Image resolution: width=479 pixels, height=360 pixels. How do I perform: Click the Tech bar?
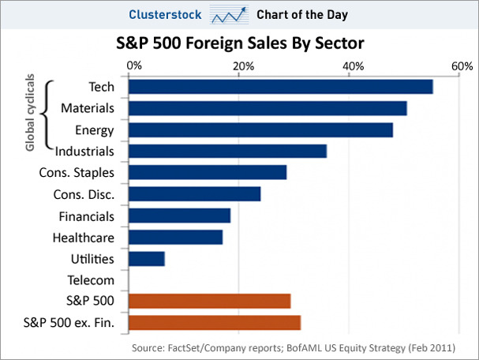[x=280, y=87]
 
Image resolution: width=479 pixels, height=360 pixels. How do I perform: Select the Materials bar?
[x=268, y=108]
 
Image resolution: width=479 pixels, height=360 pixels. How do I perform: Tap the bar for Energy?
[x=260, y=129]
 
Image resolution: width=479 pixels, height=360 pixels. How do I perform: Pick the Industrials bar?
[x=227, y=151]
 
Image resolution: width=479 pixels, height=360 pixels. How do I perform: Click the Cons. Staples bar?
[x=207, y=172]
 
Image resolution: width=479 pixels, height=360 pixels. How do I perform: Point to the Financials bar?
[x=179, y=216]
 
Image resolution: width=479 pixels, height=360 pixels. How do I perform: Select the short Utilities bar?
[x=146, y=258]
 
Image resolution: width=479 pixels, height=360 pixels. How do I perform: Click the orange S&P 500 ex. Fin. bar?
[x=214, y=322]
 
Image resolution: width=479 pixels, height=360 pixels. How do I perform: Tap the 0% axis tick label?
[x=134, y=66]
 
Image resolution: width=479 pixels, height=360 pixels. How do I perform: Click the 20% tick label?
[x=243, y=66]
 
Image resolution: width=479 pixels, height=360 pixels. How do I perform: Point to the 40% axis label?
[x=353, y=66]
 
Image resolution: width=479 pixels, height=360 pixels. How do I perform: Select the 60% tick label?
[x=462, y=66]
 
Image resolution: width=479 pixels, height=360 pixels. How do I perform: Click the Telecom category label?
[x=92, y=279]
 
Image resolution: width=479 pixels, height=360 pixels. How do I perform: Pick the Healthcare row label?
[x=84, y=237]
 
